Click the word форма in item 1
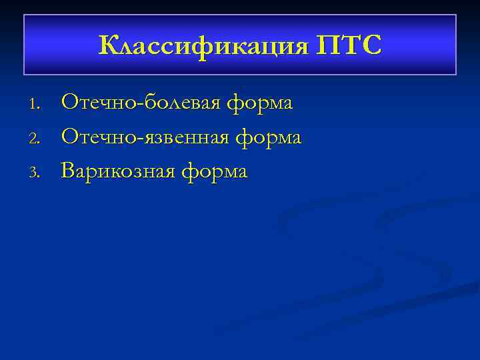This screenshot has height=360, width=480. (x=261, y=104)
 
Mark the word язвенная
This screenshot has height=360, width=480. (x=183, y=138)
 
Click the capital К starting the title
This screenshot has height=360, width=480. (x=108, y=46)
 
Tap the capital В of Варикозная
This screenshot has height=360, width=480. (x=68, y=172)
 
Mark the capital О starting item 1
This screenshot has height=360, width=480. (x=70, y=103)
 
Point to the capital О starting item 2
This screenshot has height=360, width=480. (x=70, y=137)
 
